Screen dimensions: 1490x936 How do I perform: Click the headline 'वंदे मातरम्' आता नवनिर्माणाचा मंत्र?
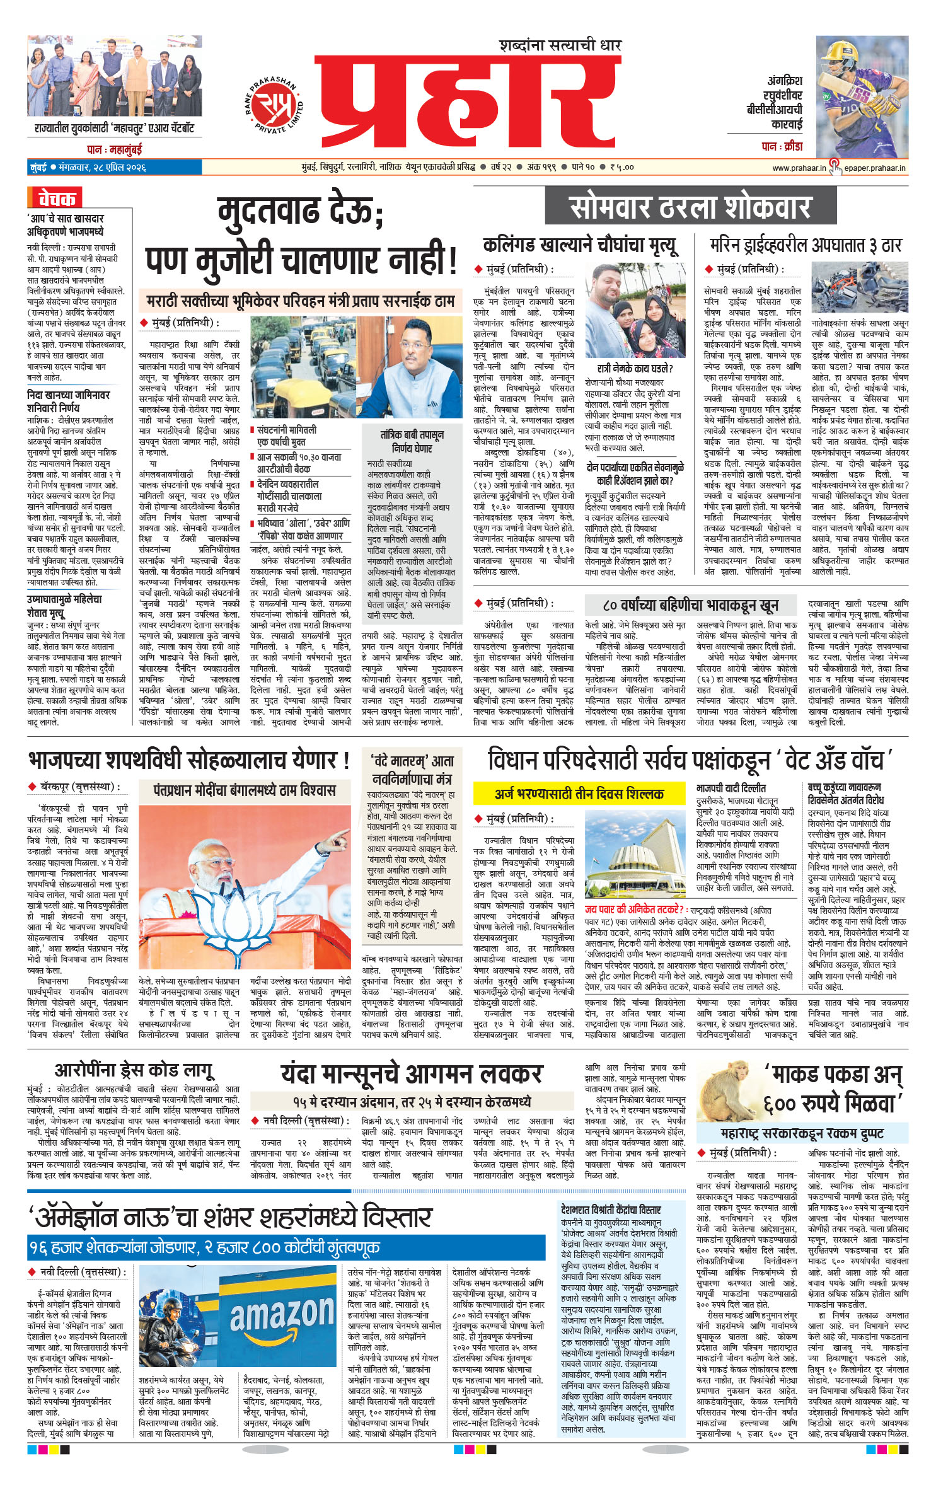[x=412, y=770]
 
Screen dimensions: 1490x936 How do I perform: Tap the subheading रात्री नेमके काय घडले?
[x=635, y=369]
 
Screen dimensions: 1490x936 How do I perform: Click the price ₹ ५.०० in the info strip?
[x=621, y=168]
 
